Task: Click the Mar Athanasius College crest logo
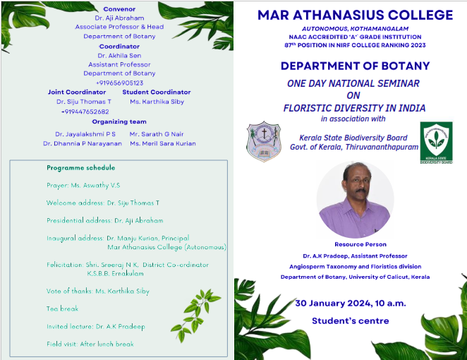pos(264,141)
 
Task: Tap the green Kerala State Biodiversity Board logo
pos(437,143)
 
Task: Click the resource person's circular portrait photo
pos(355,199)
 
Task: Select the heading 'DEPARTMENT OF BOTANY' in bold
pos(355,66)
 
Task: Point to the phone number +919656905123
pos(119,83)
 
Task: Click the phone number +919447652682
pos(85,112)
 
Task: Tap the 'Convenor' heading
pos(119,9)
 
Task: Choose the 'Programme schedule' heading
pos(80,168)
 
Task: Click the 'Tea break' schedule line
pos(62,308)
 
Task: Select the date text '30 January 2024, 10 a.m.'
pos(351,304)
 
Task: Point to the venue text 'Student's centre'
pos(350,321)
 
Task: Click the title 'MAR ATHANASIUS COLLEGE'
pos(355,16)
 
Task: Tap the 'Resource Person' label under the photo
pos(360,244)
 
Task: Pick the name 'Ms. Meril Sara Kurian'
pos(163,143)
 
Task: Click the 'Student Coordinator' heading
pos(157,92)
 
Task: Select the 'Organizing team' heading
pos(119,121)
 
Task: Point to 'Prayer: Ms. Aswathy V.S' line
pos(83,186)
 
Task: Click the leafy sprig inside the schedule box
pos(195,314)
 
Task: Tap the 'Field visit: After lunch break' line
pos(90,344)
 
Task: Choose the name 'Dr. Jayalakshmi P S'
pos(85,134)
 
